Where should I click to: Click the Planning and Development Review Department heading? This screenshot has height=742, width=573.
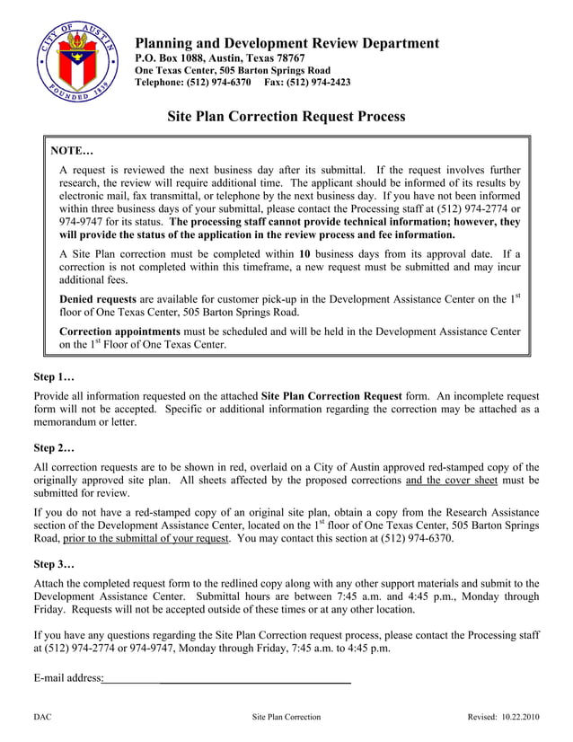tap(286, 43)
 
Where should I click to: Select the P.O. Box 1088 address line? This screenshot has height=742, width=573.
tap(219, 57)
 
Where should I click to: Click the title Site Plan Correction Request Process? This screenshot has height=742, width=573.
tap(286, 117)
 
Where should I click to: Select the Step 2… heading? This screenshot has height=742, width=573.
tap(54, 446)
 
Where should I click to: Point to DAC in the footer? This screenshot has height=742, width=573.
tap(42, 717)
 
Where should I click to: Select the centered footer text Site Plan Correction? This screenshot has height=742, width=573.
tap(286, 717)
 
